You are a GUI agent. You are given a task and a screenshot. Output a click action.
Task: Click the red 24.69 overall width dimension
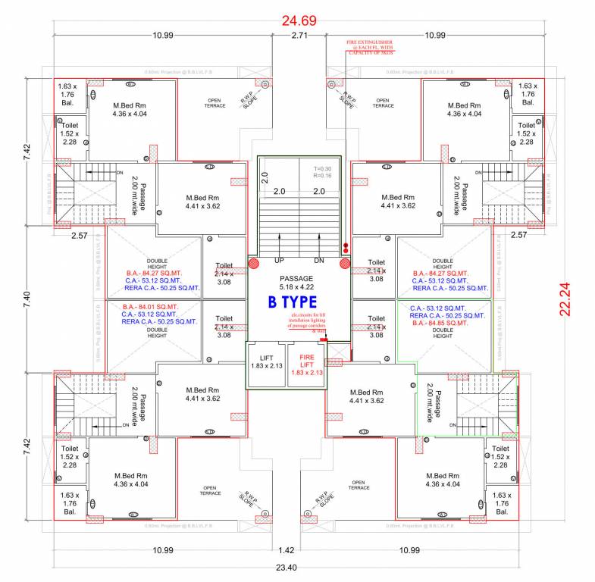pyautogui.click(x=299, y=20)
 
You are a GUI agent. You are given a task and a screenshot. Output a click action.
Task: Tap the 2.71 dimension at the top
pyautogui.click(x=299, y=35)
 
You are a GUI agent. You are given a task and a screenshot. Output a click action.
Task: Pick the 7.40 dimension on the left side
pyautogui.click(x=27, y=296)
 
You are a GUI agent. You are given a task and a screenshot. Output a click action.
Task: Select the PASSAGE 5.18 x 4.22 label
pyautogui.click(x=296, y=283)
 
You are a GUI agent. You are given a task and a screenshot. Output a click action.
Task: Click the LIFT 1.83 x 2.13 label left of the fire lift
pyautogui.click(x=267, y=360)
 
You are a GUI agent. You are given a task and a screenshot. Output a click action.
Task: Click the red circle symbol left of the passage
pyautogui.click(x=254, y=264)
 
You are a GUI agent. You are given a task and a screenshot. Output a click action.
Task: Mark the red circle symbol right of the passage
pyautogui.click(x=345, y=264)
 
